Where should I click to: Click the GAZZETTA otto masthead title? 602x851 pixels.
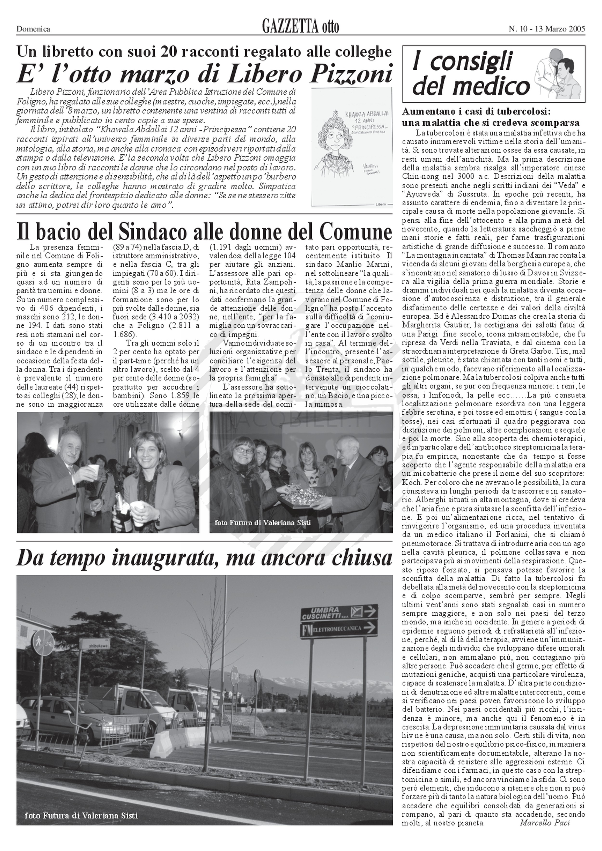point(300,27)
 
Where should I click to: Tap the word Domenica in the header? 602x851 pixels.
point(33,29)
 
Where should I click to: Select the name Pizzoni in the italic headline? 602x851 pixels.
point(351,73)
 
